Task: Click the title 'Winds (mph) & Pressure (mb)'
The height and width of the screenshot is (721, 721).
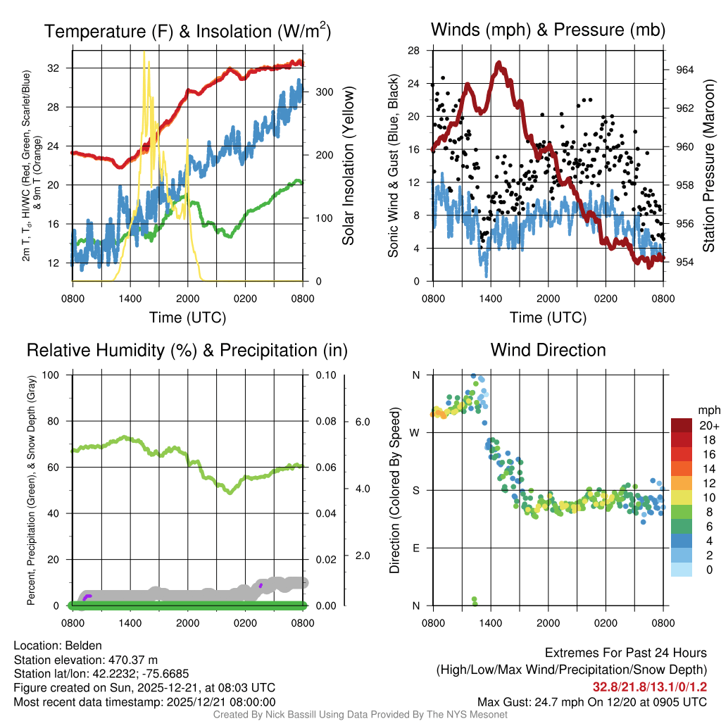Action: tap(548, 30)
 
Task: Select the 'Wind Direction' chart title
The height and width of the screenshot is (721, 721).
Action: tap(548, 350)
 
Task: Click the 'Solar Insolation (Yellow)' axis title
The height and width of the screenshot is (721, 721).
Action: tap(349, 165)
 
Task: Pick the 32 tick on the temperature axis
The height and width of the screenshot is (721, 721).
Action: tap(53, 68)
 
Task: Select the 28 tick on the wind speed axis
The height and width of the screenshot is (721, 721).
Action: tap(414, 51)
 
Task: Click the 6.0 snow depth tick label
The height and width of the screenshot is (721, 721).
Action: tap(363, 422)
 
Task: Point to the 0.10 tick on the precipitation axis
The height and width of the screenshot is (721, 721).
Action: tap(325, 375)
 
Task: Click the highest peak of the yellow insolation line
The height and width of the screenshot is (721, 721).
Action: tap(144, 52)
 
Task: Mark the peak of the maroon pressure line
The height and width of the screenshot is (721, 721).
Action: tap(499, 63)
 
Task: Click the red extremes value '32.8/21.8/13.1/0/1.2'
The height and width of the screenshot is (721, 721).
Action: tap(649, 687)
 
